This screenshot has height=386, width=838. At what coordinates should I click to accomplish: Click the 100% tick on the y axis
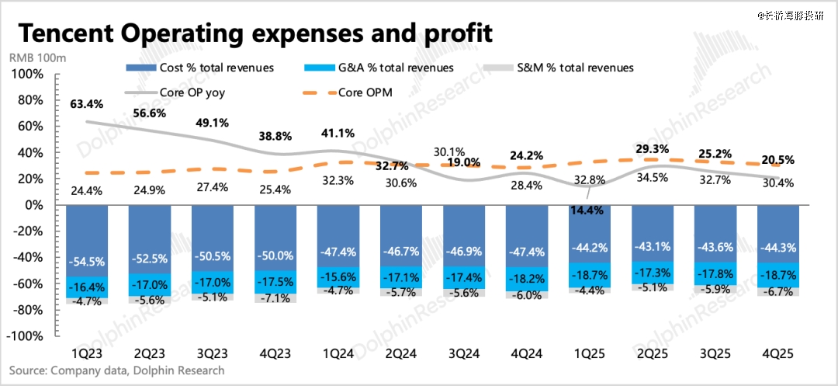pyautogui.click(x=27, y=74)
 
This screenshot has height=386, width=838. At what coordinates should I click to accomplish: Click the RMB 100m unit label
pyautogui.click(x=38, y=57)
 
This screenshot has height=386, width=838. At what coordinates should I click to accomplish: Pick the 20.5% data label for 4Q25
pyautogui.click(x=775, y=160)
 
